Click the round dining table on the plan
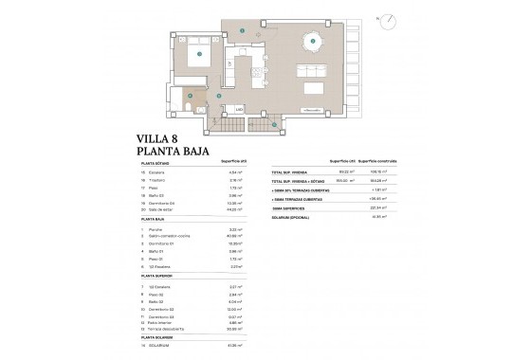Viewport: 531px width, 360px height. tap(309, 41)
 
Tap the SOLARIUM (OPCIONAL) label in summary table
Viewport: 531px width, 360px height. tap(295, 217)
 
